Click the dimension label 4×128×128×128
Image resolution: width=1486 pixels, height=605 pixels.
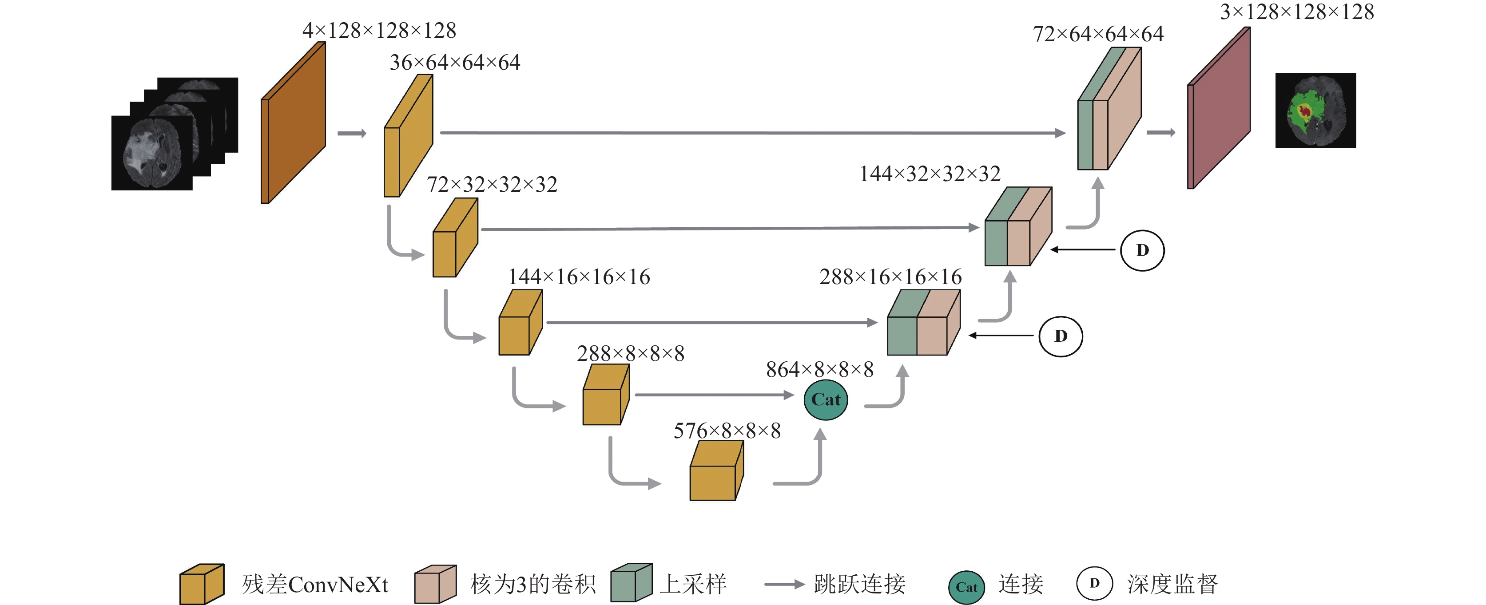tap(379, 31)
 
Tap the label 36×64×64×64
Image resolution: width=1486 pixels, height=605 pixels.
tap(455, 62)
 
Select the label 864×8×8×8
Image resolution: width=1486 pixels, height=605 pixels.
tap(819, 370)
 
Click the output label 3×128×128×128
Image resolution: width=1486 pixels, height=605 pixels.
tap(1297, 12)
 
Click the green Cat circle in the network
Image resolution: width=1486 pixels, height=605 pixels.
tap(826, 399)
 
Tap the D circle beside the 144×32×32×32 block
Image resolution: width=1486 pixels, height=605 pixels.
tap(1142, 250)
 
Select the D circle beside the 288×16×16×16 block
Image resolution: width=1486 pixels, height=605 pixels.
tap(1060, 336)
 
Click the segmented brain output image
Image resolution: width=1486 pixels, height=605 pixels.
tap(1315, 111)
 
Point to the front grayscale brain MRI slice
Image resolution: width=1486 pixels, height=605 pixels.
tap(152, 153)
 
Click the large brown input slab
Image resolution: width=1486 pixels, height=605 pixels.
tap(293, 122)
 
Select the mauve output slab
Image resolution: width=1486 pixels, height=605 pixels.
tap(1218, 108)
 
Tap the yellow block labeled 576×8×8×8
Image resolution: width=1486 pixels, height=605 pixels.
tap(716, 471)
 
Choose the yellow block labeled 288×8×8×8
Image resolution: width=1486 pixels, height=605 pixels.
tap(606, 395)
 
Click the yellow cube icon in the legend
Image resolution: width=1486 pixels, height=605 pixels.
tap(202, 584)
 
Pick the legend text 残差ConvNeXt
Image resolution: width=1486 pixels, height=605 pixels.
tap(315, 584)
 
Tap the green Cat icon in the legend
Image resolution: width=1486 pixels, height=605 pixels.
tap(966, 587)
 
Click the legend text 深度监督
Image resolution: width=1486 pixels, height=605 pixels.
tap(1172, 584)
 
